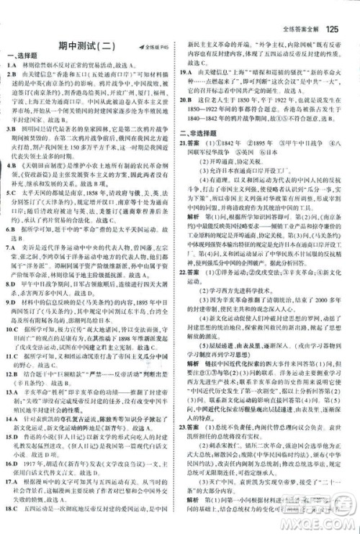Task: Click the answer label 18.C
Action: [x=14, y=510]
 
